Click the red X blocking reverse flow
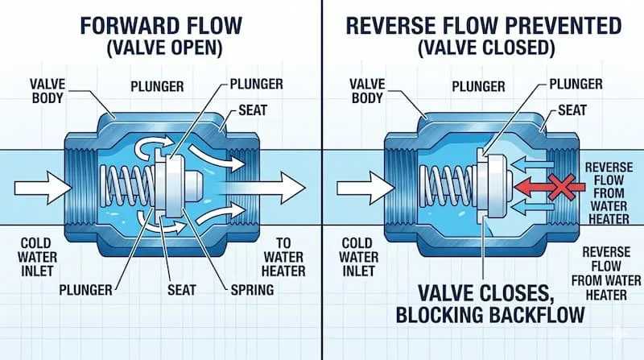tap(563, 188)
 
